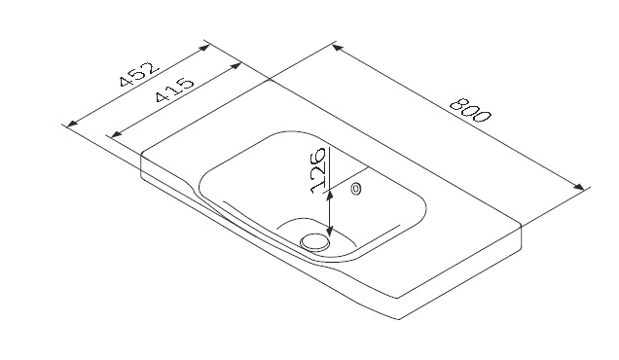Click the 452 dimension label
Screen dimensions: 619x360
139,74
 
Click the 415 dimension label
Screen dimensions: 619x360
174,90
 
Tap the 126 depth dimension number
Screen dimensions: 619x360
318,170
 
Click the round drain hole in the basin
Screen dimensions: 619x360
314,241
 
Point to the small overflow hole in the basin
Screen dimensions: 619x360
355,189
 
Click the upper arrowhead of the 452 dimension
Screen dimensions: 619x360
204,48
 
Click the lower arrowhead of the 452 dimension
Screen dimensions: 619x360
72,124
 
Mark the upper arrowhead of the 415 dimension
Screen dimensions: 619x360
236,65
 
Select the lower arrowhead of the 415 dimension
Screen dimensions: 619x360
116,134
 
